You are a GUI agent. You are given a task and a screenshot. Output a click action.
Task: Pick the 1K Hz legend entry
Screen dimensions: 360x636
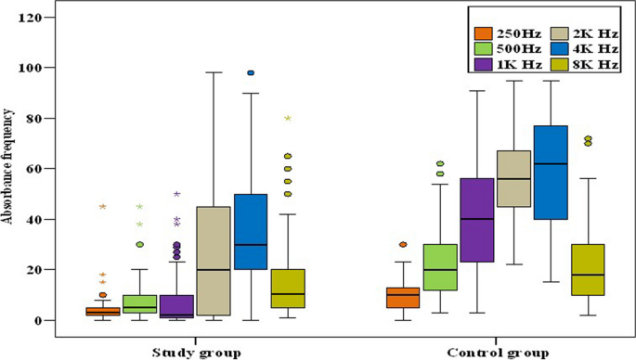517,64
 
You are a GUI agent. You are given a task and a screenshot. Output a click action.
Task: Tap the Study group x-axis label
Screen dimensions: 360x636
198,352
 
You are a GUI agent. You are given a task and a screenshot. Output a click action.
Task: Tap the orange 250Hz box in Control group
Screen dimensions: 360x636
401,297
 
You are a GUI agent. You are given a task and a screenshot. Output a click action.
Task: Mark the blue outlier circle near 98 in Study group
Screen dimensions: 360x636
251,72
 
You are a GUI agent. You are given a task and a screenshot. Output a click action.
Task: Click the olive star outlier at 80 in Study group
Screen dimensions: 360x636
288,118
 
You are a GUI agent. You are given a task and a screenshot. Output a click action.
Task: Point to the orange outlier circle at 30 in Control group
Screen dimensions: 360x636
402,245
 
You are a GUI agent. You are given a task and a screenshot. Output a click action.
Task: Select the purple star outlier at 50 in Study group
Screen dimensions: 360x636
176,194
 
